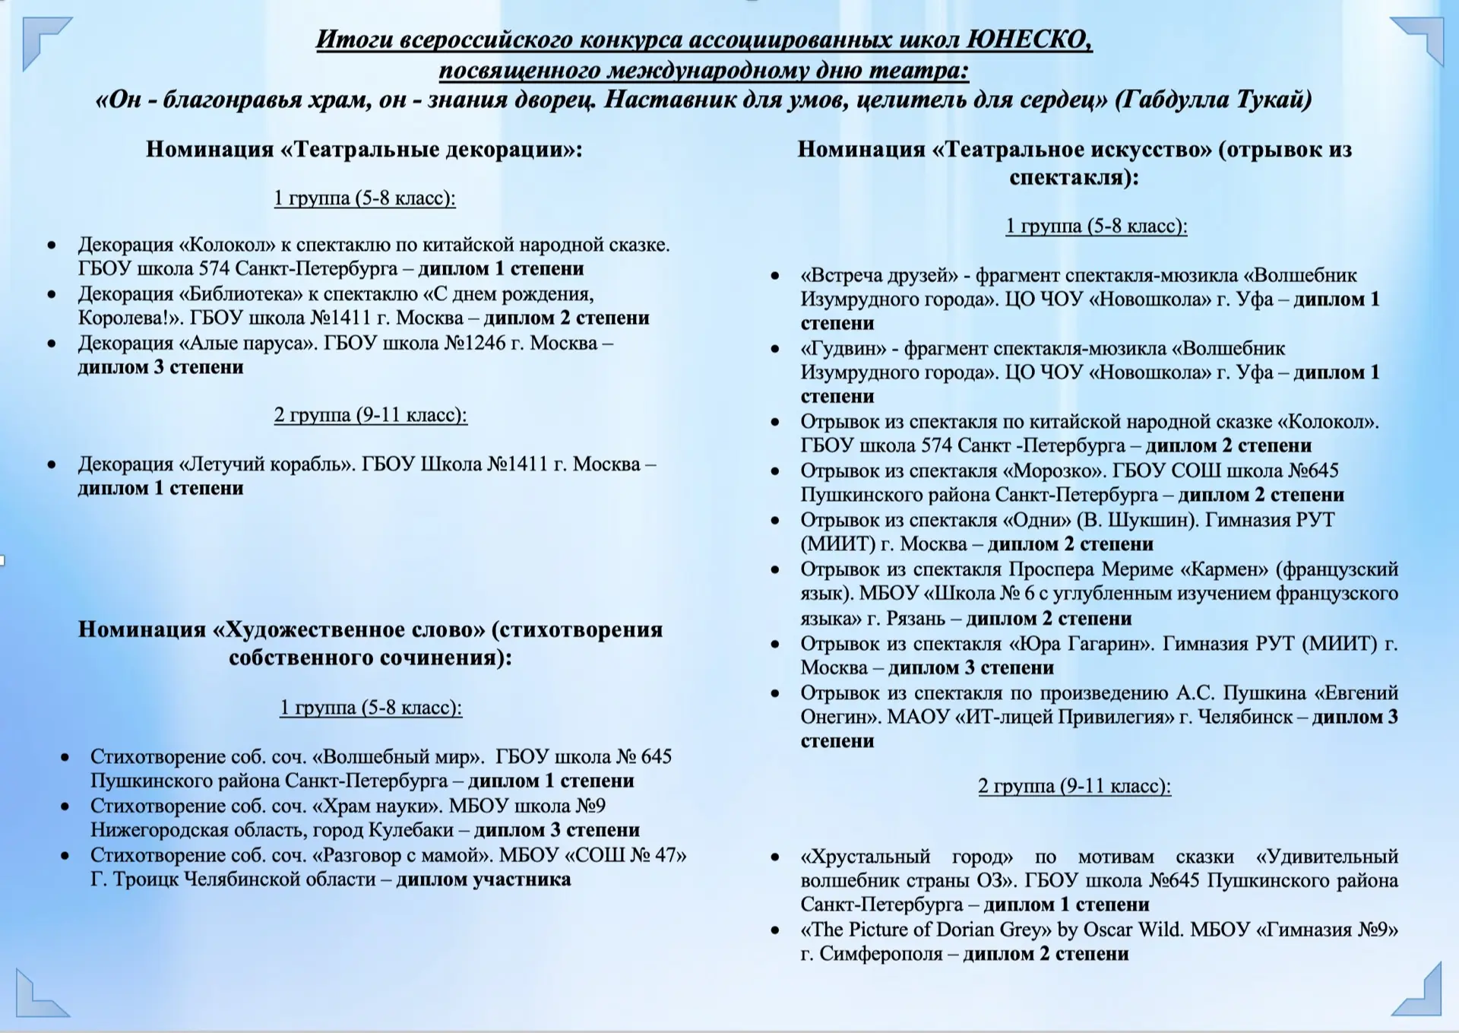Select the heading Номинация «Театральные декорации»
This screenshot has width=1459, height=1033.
364,149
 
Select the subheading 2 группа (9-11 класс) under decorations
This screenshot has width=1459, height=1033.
371,415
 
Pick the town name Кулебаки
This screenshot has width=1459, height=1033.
411,830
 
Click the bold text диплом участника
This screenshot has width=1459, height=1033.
483,879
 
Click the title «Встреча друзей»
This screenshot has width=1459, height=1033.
879,275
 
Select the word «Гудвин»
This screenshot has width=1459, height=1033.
843,348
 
